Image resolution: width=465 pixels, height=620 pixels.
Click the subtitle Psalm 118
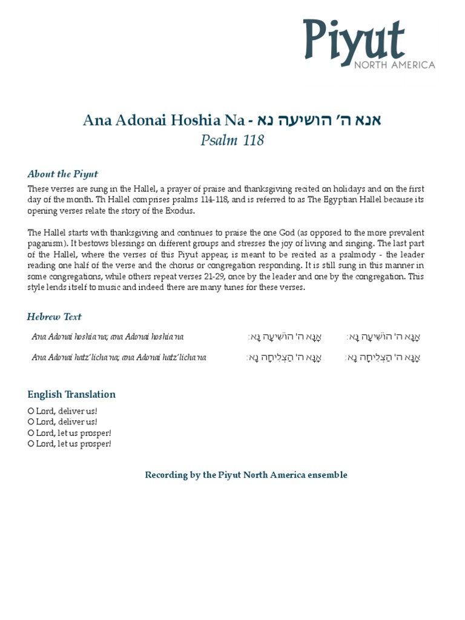click(x=232, y=140)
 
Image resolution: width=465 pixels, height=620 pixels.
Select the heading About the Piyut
click(x=62, y=174)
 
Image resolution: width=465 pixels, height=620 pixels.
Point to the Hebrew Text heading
click(x=54, y=316)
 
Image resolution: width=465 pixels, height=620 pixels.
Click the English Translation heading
click(x=71, y=394)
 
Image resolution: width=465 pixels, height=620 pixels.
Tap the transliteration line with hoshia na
click(x=108, y=337)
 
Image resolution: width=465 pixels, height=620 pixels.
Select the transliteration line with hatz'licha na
click(x=119, y=357)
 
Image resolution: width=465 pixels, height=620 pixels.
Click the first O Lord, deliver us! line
click(x=62, y=411)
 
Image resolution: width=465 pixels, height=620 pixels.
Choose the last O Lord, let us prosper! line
click(x=70, y=444)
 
